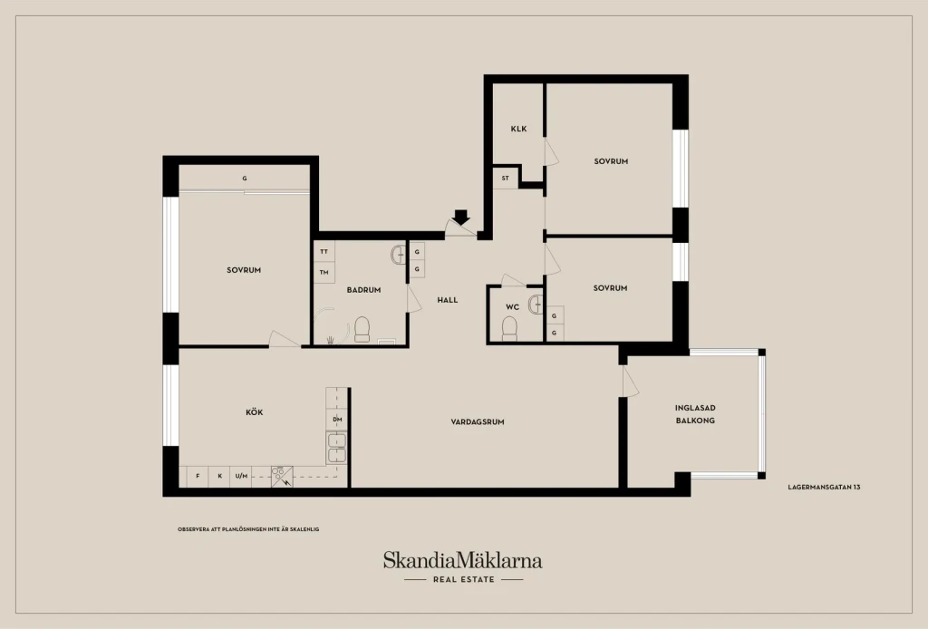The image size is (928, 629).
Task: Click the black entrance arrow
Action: (461, 218)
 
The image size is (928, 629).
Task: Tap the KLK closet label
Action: (518, 129)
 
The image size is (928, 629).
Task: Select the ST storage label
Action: (506, 179)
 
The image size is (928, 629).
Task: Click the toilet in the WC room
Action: (509, 329)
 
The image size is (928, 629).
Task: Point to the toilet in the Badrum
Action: (362, 330)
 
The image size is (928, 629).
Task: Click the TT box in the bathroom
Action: (324, 251)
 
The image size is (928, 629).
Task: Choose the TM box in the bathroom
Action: (324, 272)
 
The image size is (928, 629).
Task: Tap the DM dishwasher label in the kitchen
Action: (337, 420)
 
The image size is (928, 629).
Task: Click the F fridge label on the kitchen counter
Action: (198, 476)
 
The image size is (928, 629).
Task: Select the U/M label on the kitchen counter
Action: (241, 476)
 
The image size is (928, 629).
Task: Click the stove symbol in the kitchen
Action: (282, 477)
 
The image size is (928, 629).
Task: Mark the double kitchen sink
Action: (337, 448)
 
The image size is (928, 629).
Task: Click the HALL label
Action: (448, 300)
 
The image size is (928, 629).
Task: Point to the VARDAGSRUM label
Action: (478, 421)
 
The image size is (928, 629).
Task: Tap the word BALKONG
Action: (695, 421)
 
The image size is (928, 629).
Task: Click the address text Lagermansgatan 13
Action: (824, 487)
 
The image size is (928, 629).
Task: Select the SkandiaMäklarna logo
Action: (463, 566)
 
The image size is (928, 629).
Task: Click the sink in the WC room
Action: (536, 304)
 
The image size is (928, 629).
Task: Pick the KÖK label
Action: (255, 411)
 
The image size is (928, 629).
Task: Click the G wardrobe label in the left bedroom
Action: (245, 179)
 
